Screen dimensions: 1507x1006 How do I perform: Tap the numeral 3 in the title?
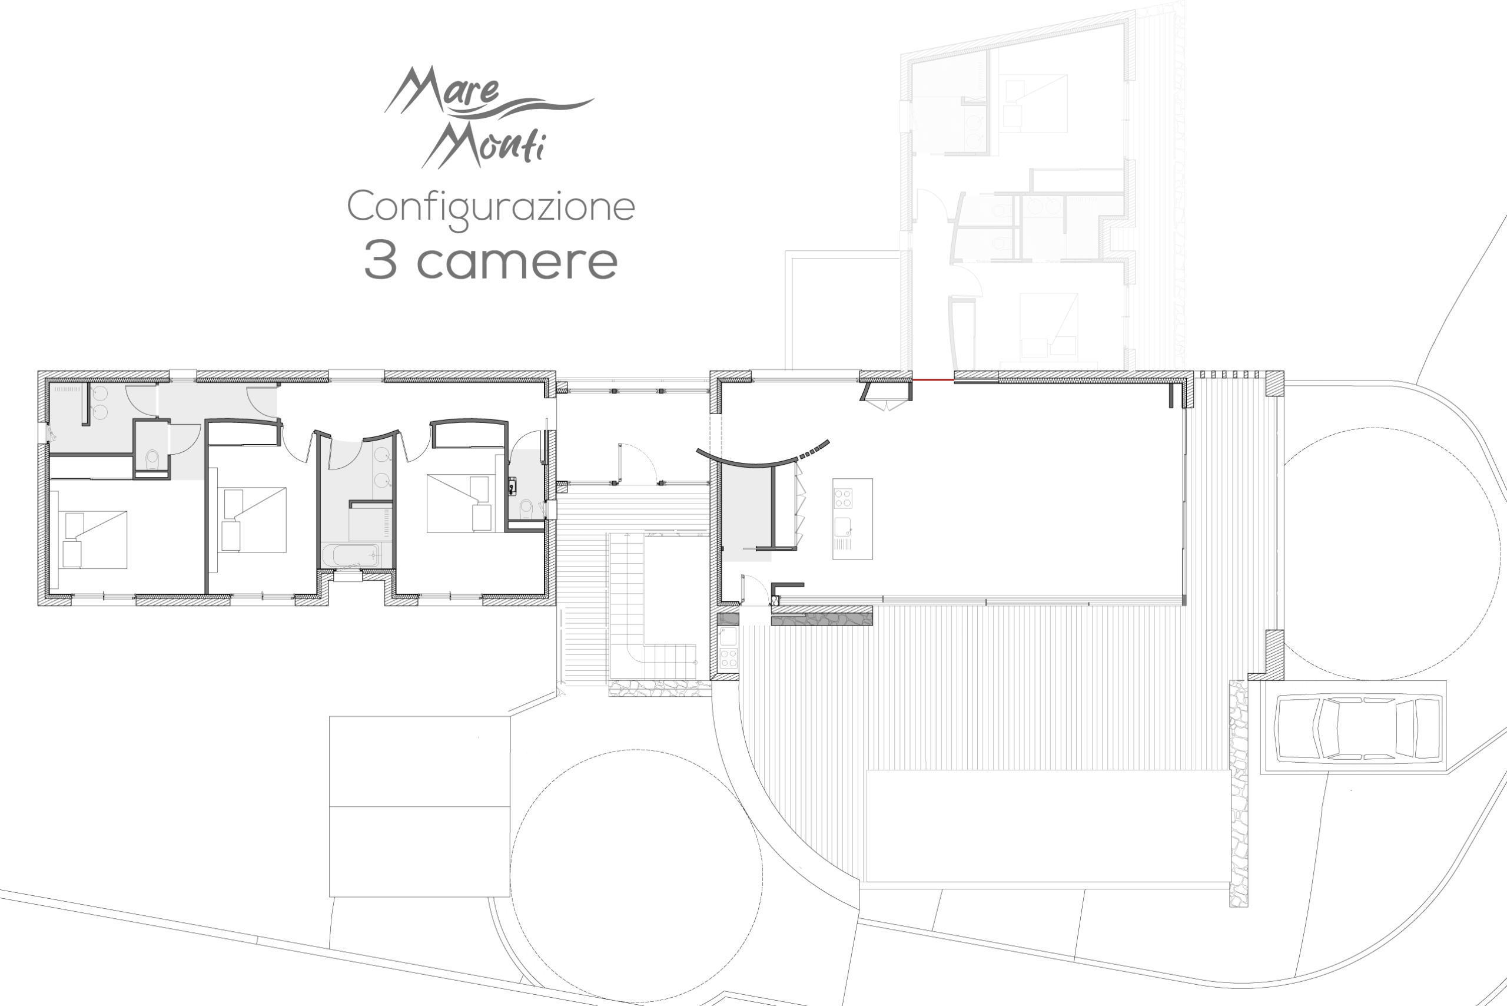(380, 260)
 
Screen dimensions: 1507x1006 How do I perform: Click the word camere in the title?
(517, 262)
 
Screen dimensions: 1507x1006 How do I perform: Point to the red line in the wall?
(933, 380)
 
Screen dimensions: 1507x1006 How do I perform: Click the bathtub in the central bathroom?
(351, 555)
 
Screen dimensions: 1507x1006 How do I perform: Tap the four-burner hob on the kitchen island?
(842, 498)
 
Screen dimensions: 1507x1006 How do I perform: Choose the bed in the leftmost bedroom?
(94, 540)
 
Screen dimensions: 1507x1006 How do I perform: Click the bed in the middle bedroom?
(253, 519)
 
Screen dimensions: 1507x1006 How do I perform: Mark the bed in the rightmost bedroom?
(459, 503)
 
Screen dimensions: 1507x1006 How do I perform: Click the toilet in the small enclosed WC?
(152, 459)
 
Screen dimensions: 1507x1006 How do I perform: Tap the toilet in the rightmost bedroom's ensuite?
(526, 509)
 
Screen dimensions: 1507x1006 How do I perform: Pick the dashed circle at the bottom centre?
(636, 876)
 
